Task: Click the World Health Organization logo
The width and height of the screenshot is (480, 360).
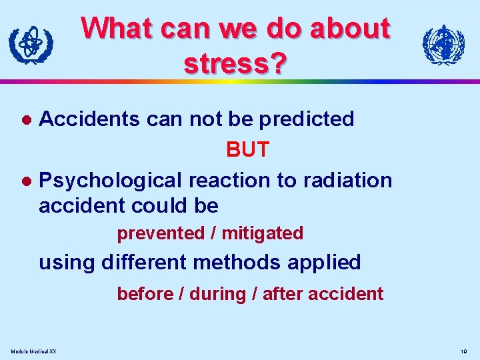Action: click(443, 45)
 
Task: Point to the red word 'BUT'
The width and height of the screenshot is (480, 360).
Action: click(247, 149)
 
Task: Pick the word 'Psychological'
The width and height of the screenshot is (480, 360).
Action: click(111, 181)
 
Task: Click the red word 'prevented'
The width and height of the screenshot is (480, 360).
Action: click(161, 233)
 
